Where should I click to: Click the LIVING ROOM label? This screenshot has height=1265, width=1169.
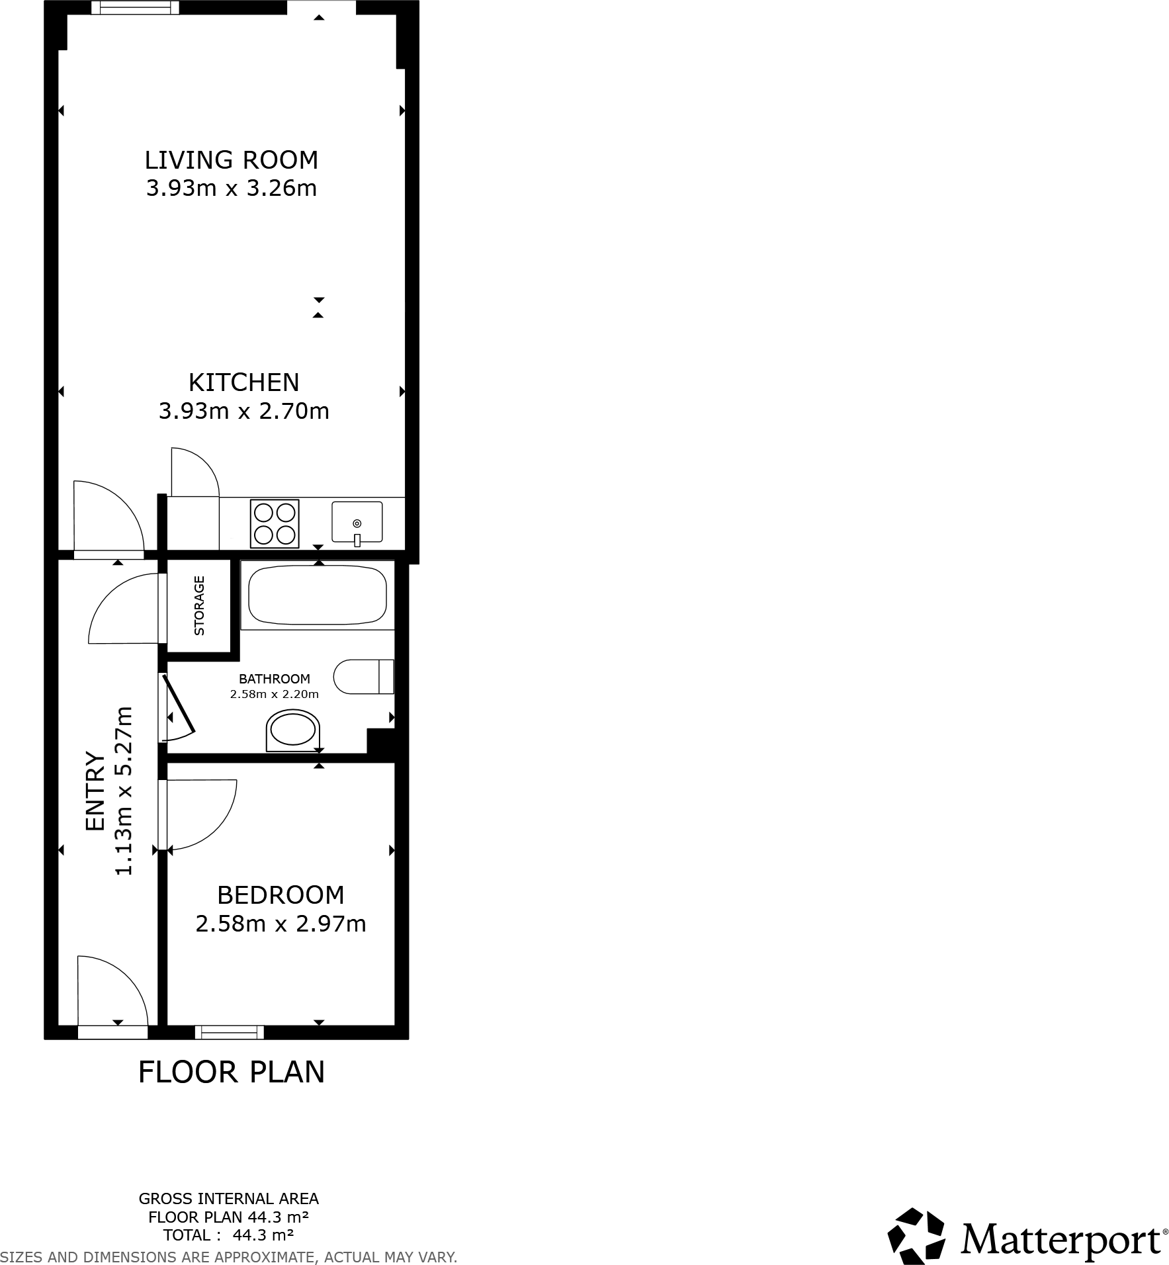231,160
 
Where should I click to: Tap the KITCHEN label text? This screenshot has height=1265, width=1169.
243,382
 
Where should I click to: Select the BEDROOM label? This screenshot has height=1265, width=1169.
281,895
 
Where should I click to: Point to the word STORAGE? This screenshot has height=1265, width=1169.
199,606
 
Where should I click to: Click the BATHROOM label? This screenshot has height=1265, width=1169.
274,679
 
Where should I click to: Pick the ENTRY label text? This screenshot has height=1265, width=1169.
95,791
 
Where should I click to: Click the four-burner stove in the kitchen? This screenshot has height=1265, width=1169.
275,523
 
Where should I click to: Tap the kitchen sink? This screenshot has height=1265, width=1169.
357,522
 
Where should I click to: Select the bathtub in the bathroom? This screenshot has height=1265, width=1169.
317,594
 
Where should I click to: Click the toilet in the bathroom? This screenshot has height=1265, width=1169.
364,676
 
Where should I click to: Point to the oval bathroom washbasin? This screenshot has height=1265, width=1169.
293,731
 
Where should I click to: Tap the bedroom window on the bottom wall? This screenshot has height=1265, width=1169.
230,1032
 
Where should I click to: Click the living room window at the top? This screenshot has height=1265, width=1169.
135,8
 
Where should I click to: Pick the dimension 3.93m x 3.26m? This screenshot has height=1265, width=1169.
231,189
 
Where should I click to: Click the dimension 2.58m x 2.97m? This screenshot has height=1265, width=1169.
281,924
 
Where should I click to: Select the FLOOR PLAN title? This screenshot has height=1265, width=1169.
231,1072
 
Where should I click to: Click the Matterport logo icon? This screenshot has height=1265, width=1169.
916,1236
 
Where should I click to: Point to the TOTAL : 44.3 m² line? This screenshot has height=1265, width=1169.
228,1235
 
